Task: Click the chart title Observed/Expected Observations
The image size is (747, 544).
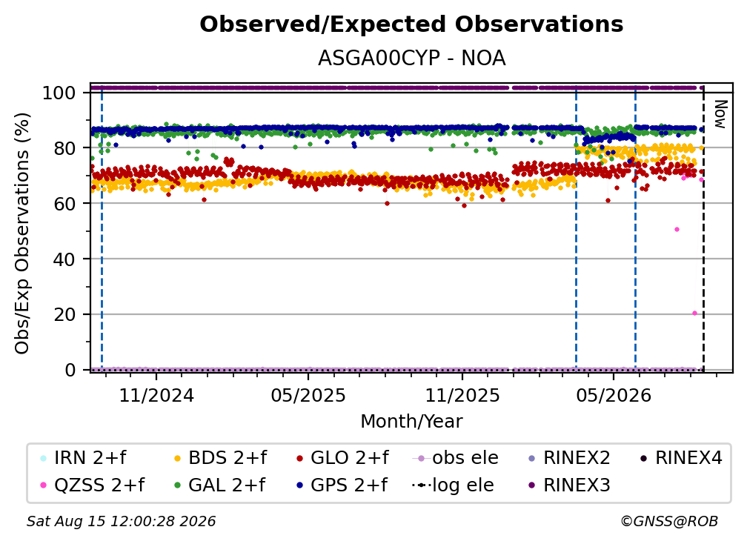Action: pyautogui.click(x=411, y=24)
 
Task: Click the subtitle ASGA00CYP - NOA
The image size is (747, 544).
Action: pyautogui.click(x=411, y=58)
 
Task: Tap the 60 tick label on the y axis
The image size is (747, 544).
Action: pyautogui.click(x=64, y=204)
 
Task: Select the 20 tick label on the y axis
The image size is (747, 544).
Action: pyautogui.click(x=64, y=315)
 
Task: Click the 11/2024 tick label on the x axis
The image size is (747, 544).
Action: pyautogui.click(x=156, y=395)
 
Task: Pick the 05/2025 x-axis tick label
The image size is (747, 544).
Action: pyautogui.click(x=308, y=395)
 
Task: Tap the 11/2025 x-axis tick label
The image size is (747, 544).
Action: pyautogui.click(x=462, y=395)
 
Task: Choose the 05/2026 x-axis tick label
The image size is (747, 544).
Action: pyautogui.click(x=613, y=395)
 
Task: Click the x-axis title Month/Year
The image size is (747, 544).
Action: pyautogui.click(x=411, y=421)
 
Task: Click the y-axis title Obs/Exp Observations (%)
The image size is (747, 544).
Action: pyautogui.click(x=22, y=233)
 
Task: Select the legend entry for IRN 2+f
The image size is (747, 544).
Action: pyautogui.click(x=83, y=458)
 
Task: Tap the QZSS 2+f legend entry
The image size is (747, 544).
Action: pyautogui.click(x=92, y=485)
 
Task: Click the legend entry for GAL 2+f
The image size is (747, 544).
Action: pyautogui.click(x=219, y=485)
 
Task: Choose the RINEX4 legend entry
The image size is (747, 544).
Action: pyautogui.click(x=681, y=458)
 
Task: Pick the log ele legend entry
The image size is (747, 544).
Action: pyautogui.click(x=453, y=485)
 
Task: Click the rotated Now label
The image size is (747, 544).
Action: pyautogui.click(x=720, y=114)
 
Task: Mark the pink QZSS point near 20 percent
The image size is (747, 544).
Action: pyautogui.click(x=694, y=313)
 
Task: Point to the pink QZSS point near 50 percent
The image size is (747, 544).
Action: pyautogui.click(x=677, y=230)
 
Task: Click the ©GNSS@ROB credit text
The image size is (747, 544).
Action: pyautogui.click(x=669, y=521)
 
